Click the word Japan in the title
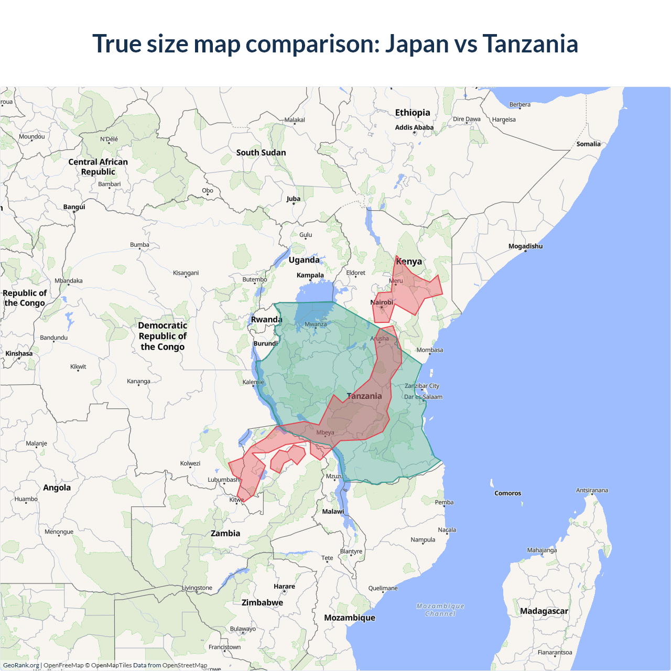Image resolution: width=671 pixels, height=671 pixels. pos(417,44)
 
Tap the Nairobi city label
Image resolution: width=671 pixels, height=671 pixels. pos(382,302)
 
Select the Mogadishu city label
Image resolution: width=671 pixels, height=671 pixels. pos(525,246)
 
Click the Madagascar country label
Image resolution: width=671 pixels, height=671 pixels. pos(544,611)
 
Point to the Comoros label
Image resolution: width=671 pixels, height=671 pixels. pos(507,493)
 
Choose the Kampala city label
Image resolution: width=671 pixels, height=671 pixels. pos(310,275)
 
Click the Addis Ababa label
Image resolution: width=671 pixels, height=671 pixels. pos(414,127)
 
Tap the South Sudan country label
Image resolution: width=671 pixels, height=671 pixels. pos(261,153)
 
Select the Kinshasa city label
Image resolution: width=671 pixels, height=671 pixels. pos(19,353)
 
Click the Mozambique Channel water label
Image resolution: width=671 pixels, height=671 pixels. pos(440,610)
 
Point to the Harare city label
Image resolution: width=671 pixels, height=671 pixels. pos(284,587)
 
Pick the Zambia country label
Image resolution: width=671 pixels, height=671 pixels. pos(225,533)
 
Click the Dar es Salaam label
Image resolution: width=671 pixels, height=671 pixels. pos(423,397)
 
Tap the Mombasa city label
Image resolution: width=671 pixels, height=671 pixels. pos(429,350)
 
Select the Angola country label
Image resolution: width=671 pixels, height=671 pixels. pos(57,488)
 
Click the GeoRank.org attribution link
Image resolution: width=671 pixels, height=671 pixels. pos(21,665)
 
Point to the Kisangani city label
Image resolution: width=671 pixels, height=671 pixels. pos(186,273)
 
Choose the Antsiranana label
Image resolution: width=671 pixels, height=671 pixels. pos(592,491)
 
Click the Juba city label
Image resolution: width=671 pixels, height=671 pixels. pos(294,199)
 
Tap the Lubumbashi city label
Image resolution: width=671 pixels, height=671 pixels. pos(224,480)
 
